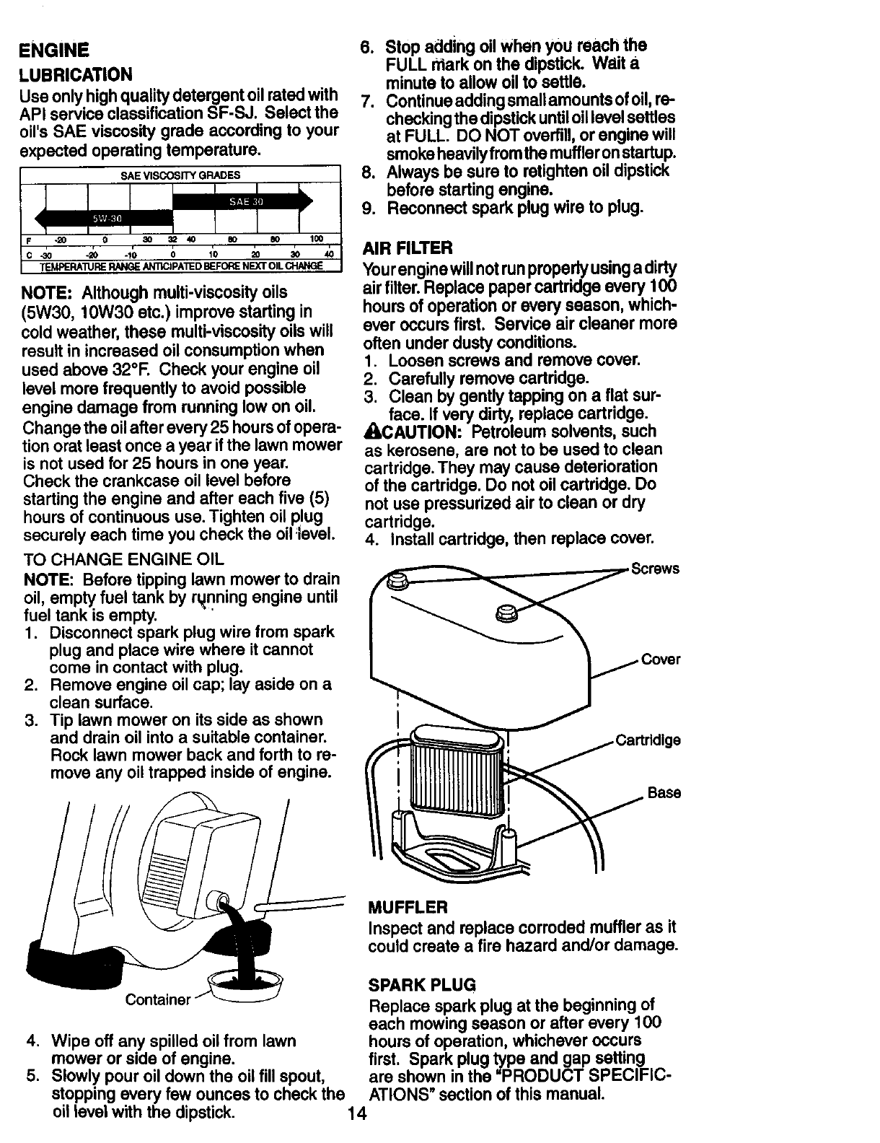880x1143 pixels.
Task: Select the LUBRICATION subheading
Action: click(77, 74)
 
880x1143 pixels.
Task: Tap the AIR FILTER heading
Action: click(409, 249)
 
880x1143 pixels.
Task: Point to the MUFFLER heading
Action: click(408, 906)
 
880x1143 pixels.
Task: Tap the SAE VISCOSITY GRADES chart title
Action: click(180, 175)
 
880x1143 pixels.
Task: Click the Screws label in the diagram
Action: click(655, 569)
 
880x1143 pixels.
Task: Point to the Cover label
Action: click(660, 660)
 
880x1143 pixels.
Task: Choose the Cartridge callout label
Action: click(647, 741)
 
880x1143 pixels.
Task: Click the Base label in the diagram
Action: click(664, 793)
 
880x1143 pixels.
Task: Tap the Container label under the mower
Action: click(157, 1000)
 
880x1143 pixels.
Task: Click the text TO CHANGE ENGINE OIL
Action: click(123, 559)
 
